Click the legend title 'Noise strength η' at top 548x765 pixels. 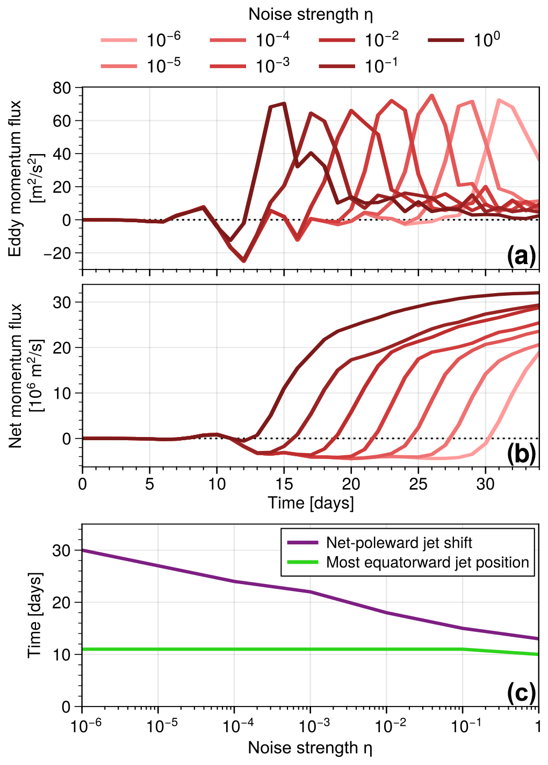[x=311, y=14]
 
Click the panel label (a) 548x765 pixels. [x=521, y=257]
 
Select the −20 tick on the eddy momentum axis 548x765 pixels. [x=60, y=253]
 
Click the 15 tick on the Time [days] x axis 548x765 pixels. [x=284, y=484]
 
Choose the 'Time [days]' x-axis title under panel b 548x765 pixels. [x=311, y=503]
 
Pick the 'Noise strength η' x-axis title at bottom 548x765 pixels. [x=311, y=747]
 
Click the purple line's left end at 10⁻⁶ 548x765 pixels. [x=83, y=550]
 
